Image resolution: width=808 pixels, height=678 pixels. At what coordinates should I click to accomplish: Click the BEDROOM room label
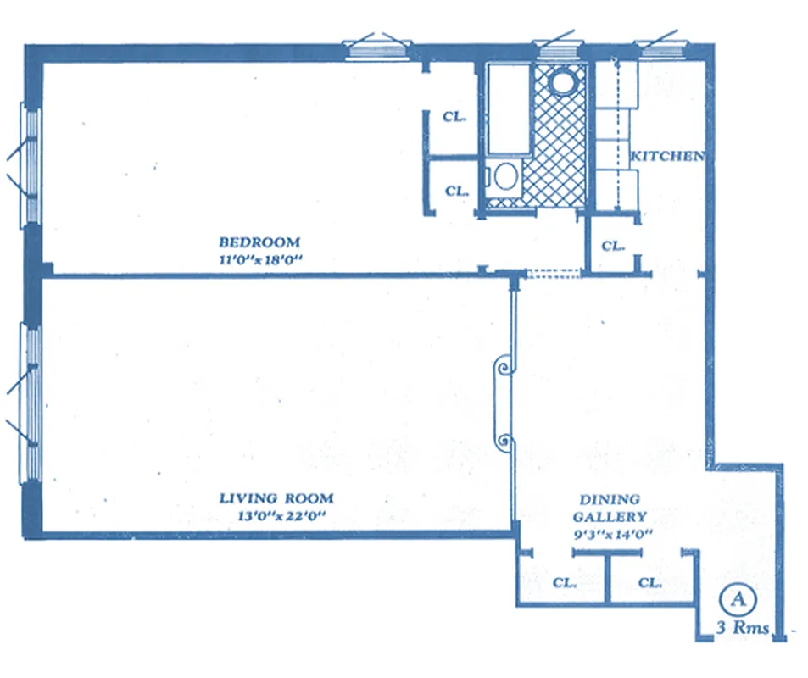pyautogui.click(x=259, y=242)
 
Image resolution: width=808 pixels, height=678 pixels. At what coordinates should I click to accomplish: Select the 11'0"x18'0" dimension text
pyautogui.click(x=259, y=260)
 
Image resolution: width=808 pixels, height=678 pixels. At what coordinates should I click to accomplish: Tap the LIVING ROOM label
pyautogui.click(x=276, y=498)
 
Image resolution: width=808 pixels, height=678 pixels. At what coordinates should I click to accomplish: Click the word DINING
pyautogui.click(x=610, y=500)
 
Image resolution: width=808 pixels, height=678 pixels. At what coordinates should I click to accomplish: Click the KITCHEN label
pyautogui.click(x=668, y=156)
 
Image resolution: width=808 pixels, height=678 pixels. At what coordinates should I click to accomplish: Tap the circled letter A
pyautogui.click(x=737, y=599)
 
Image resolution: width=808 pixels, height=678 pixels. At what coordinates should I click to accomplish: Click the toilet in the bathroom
pyautogui.click(x=506, y=177)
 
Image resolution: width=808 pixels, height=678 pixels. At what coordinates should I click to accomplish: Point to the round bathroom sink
pyautogui.click(x=561, y=83)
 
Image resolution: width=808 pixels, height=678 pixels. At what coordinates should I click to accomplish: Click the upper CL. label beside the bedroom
pyautogui.click(x=455, y=118)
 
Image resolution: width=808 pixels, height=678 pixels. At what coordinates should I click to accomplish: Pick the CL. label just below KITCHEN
pyautogui.click(x=612, y=247)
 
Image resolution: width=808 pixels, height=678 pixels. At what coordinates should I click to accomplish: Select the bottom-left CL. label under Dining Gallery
pyautogui.click(x=564, y=583)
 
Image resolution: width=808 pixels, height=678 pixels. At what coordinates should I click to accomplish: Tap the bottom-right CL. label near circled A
pyautogui.click(x=649, y=583)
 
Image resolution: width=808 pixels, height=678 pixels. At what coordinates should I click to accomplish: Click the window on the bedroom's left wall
pyautogui.click(x=31, y=165)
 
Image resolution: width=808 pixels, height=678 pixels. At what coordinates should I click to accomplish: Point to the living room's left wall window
pyautogui.click(x=31, y=403)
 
